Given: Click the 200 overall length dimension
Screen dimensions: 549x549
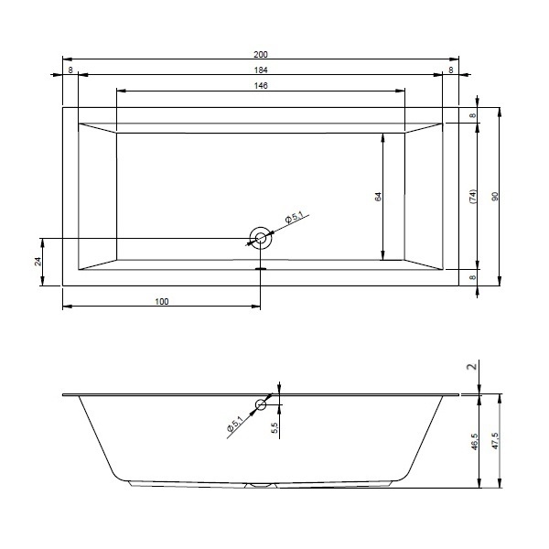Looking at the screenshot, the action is coord(261,54).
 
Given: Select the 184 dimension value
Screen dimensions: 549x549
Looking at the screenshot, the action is coord(261,70).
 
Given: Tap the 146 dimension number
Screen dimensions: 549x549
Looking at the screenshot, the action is coord(261,85).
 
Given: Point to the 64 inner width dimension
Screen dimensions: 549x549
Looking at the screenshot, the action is coord(378,197).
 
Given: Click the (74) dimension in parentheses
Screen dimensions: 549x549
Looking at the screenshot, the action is coord(473,197).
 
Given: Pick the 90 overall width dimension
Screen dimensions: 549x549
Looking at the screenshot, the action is coord(495,197).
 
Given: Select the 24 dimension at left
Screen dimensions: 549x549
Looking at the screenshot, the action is coord(38,262).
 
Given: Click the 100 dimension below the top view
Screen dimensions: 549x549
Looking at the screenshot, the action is coord(162,301).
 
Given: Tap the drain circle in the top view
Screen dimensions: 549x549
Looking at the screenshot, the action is coord(261,238).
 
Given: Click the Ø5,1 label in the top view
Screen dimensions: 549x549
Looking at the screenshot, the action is coord(295,218).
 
